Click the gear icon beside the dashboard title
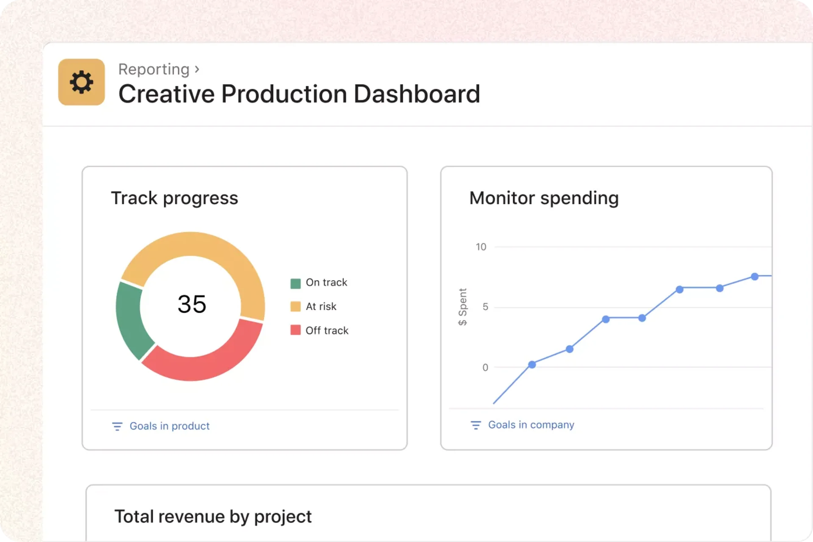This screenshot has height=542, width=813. click(81, 82)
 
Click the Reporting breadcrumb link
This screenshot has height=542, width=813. click(154, 69)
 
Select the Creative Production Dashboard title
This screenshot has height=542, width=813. click(299, 94)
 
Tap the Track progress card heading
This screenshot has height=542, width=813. click(174, 198)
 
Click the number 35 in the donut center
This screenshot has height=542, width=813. click(192, 304)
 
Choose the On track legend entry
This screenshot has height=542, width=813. click(326, 282)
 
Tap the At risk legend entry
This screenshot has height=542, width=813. click(321, 307)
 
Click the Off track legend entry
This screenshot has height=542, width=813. click(326, 331)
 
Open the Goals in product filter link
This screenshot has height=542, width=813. click(169, 426)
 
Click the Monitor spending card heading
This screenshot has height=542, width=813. click(544, 198)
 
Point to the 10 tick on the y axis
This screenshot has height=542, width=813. click(481, 247)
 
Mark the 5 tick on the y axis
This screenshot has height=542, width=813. click(485, 307)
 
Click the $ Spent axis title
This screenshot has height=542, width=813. click(463, 307)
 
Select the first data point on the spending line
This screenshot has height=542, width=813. click(532, 365)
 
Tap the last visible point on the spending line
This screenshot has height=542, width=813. click(755, 277)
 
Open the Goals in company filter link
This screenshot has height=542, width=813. click(531, 425)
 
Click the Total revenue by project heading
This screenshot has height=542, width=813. click(213, 517)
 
